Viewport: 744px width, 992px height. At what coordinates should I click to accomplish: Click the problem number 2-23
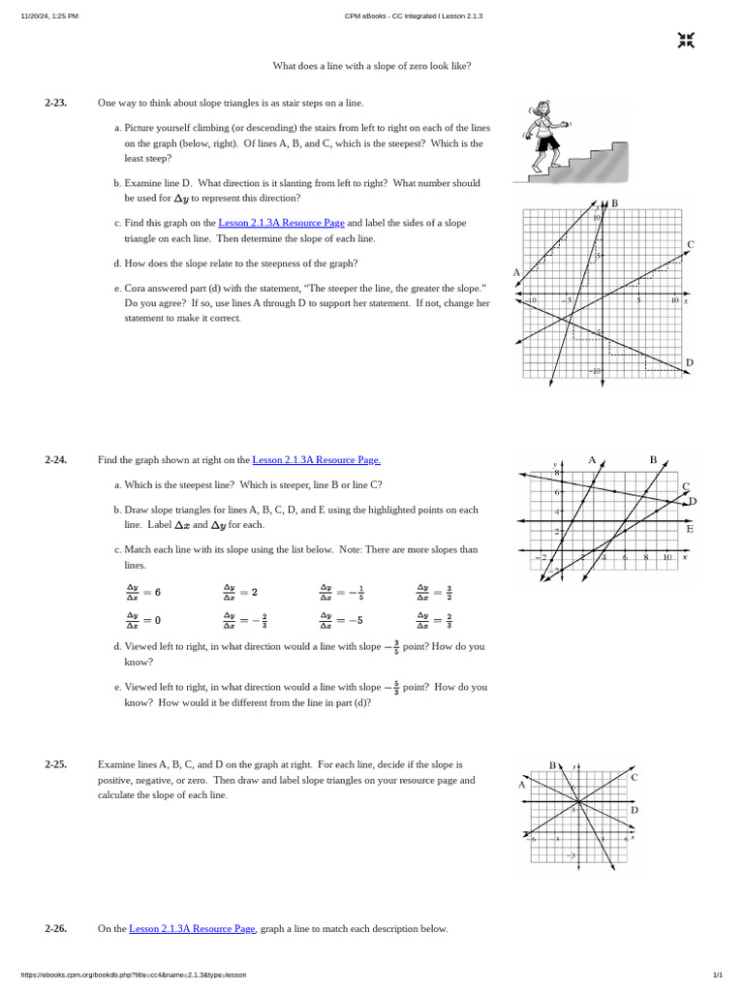55,103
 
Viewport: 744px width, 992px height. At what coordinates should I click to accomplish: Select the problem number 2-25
55,764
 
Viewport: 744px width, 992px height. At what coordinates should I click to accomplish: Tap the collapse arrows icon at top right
686,40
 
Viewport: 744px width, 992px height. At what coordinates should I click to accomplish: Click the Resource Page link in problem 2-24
316,460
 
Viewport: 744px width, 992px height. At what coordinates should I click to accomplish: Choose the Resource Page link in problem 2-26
192,929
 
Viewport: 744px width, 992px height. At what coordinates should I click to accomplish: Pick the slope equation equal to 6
143,592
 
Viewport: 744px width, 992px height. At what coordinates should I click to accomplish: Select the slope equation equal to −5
341,620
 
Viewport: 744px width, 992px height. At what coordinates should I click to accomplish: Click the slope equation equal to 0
143,620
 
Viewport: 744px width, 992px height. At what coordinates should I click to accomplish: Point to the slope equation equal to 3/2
436,592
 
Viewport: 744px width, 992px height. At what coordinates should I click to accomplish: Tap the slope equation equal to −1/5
341,592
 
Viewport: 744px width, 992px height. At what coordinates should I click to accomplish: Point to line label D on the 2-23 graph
689,363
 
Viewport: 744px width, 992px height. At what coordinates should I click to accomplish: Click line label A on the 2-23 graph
516,272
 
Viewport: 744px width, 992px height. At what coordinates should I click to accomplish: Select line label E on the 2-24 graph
689,529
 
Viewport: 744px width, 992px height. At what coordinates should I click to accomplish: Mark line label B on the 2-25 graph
552,765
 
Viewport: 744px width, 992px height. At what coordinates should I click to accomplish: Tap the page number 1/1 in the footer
718,975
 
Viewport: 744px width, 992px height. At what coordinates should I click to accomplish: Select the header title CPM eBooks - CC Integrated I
414,16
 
